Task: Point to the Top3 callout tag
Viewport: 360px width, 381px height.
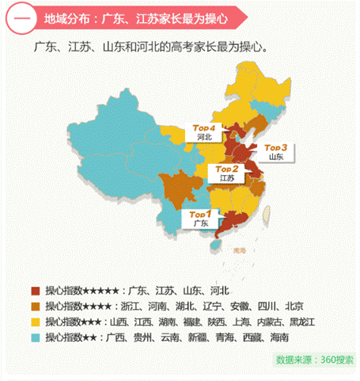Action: point(276,147)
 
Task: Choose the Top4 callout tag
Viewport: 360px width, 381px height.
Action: point(204,127)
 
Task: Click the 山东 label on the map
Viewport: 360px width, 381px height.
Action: point(276,157)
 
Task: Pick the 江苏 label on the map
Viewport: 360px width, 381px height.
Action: point(226,179)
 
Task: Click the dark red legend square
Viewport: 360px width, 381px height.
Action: point(35,291)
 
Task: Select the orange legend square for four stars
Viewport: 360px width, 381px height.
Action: point(35,306)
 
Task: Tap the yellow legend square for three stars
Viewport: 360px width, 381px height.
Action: point(35,322)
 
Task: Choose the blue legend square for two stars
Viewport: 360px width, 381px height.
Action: point(35,337)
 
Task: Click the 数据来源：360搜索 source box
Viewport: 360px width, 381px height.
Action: point(314,359)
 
